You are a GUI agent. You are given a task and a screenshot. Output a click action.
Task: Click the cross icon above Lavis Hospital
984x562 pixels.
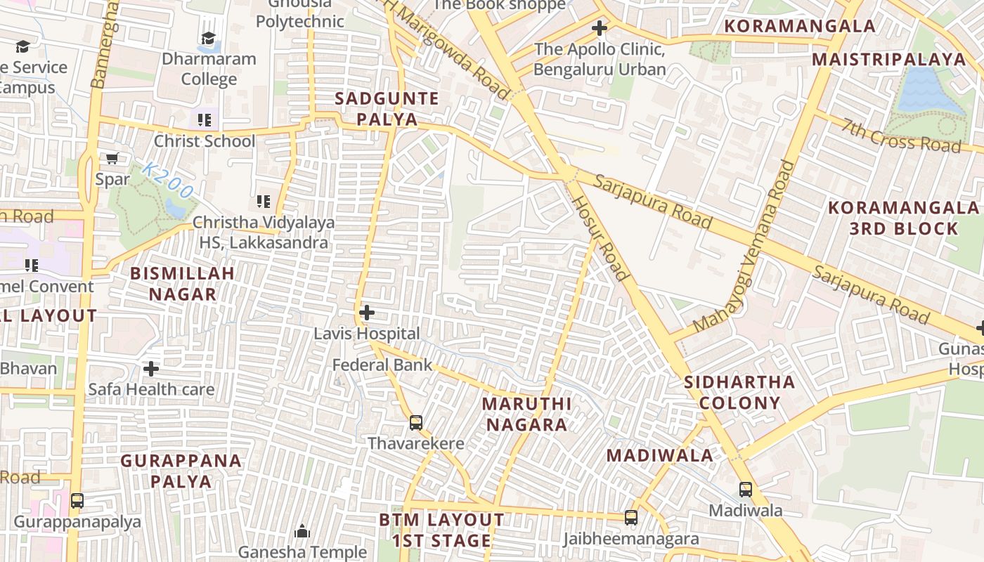click(x=366, y=313)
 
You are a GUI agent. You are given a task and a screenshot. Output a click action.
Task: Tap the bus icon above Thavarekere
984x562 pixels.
click(x=416, y=423)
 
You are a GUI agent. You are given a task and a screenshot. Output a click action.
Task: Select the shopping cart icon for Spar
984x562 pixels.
click(x=112, y=159)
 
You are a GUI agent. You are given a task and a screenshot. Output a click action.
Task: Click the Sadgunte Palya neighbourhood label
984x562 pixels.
click(x=387, y=109)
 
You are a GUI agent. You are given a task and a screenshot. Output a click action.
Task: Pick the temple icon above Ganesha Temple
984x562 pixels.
click(x=302, y=531)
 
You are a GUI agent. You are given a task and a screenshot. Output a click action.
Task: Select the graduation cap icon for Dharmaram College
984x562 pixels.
click(x=208, y=38)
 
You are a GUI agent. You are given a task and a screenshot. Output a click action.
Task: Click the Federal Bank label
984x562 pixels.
click(x=382, y=365)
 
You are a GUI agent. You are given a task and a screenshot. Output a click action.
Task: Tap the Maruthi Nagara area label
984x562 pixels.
click(x=527, y=414)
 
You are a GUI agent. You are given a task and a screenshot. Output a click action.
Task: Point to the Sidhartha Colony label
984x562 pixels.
click(x=739, y=393)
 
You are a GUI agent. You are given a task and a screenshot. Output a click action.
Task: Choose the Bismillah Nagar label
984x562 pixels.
click(x=183, y=284)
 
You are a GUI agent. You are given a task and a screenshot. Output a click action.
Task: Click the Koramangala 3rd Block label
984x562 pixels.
click(x=903, y=218)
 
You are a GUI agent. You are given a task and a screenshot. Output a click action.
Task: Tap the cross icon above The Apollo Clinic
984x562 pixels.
click(x=599, y=29)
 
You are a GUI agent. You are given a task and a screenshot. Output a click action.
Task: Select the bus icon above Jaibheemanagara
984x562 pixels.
click(x=631, y=518)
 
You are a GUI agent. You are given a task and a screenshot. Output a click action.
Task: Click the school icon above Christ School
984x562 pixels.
click(x=205, y=120)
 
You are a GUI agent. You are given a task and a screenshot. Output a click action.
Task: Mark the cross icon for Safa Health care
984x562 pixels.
click(x=150, y=369)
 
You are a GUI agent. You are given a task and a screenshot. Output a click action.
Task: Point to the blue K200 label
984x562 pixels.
click(x=167, y=180)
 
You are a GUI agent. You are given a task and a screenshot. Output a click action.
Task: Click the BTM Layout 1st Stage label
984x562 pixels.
click(x=441, y=530)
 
